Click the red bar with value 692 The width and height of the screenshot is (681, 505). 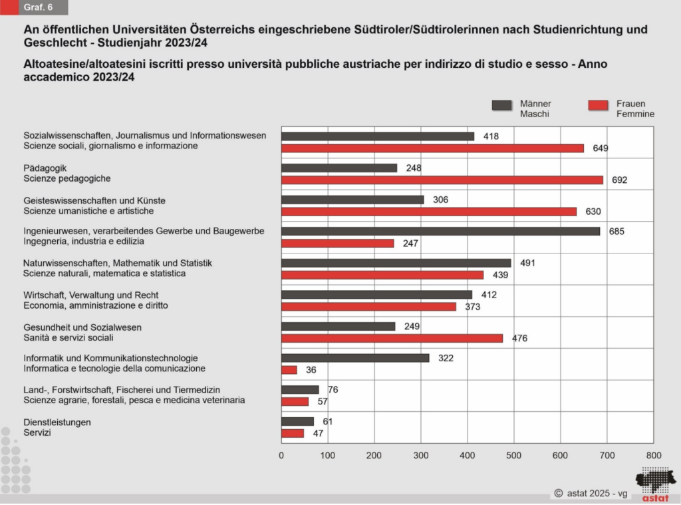coord(442,180)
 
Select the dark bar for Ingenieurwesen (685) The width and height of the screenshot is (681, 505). coord(440,231)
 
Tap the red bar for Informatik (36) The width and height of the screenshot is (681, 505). coord(289,370)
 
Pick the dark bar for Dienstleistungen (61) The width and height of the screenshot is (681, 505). coord(297,421)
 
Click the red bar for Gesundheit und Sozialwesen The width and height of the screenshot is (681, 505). coord(392,338)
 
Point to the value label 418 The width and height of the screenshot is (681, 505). coord(491,136)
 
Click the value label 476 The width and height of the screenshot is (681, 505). coord(519,339)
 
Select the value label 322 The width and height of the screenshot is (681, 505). coord(446,358)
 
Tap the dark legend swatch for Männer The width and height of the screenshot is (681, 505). coord(501,105)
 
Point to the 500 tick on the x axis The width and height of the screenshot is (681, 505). coord(514,456)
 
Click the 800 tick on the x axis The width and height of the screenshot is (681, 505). coord(654,456)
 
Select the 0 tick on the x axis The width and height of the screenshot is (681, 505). coord(281,456)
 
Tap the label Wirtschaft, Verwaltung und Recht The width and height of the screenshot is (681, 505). coord(91,295)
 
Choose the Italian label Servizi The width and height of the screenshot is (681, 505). coord(37,432)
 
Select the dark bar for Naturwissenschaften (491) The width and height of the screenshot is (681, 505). coord(396,263)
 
